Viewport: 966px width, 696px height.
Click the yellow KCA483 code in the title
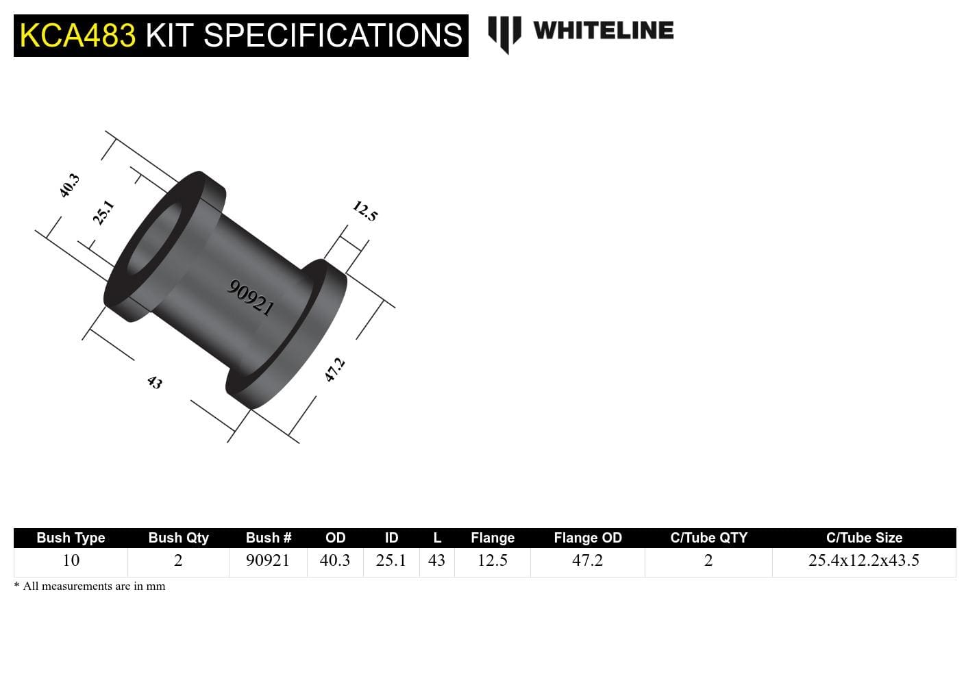tap(77, 36)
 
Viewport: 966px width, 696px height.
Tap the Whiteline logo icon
tap(504, 33)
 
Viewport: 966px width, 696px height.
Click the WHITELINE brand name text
tap(603, 31)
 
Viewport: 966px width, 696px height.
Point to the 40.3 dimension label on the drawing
tap(69, 186)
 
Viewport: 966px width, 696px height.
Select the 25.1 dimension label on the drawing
tap(103, 212)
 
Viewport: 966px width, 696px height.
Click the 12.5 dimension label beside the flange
tap(365, 211)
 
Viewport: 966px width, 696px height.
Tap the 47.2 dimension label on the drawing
tap(334, 370)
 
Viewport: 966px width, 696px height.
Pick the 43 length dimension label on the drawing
tap(155, 382)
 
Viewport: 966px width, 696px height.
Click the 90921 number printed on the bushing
tap(251, 297)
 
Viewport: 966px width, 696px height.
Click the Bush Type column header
tap(71, 538)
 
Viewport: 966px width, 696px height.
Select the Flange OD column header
tap(587, 538)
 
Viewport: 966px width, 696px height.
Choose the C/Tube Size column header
tap(863, 538)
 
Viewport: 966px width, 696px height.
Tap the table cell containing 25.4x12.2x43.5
tap(863, 560)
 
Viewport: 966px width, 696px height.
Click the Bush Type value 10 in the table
tap(71, 560)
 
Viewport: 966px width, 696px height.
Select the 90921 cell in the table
tap(268, 560)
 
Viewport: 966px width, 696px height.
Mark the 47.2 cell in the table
tap(587, 560)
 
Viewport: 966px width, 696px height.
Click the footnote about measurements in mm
tap(90, 586)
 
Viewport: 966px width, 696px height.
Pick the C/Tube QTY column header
tap(708, 538)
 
